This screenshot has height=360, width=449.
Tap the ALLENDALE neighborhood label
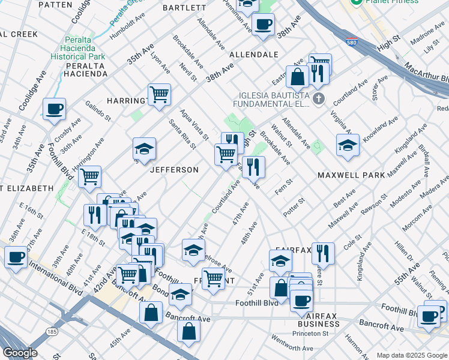tap(254, 55)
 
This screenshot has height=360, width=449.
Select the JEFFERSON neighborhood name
tap(174, 170)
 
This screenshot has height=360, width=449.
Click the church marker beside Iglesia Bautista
tap(318, 98)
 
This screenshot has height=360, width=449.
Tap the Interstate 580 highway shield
tap(352, 42)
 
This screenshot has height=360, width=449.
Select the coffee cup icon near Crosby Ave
tap(54, 109)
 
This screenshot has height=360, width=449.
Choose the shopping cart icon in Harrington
tap(159, 94)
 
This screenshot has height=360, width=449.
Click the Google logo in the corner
tap(20, 353)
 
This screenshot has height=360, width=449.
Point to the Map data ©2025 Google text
tap(411, 355)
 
